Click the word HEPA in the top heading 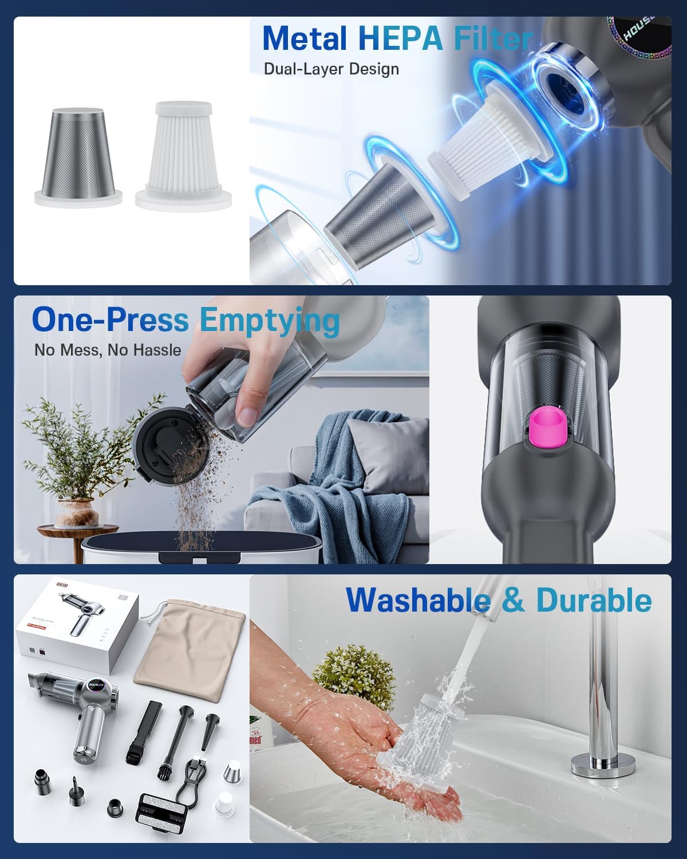400,38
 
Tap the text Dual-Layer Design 331,69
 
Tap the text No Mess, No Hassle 108,350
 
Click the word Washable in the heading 418,600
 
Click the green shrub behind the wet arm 343,670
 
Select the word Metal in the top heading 305,38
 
